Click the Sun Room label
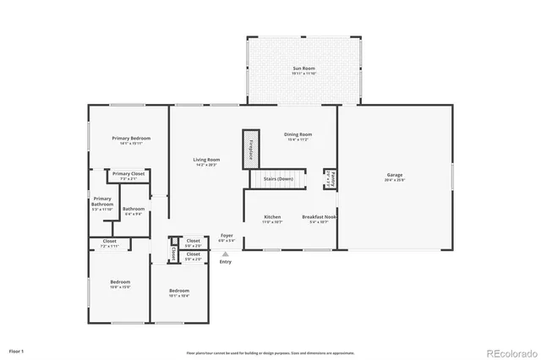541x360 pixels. point(303,70)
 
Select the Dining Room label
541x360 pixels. point(298,136)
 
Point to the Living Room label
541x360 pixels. point(206,161)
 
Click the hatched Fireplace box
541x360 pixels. point(250,147)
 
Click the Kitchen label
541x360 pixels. point(272,219)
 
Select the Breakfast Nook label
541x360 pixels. point(320,219)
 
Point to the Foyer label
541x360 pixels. point(227,237)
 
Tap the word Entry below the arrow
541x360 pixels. point(225,262)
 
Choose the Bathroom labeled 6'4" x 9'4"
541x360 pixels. point(134,211)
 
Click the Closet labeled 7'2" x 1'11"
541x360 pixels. point(110,243)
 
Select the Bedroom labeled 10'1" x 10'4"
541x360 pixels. point(178,292)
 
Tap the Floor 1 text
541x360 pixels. point(17,350)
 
